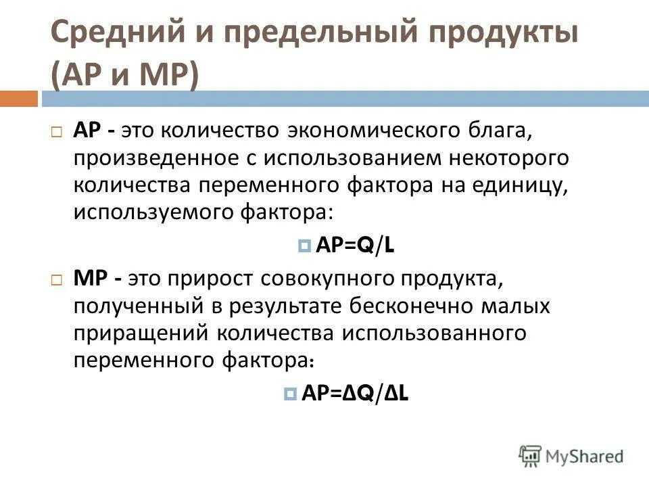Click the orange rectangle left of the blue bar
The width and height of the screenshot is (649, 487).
coord(18,99)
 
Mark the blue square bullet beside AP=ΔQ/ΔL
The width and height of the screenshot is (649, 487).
coord(291,394)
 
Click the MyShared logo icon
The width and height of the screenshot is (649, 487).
coord(531,455)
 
